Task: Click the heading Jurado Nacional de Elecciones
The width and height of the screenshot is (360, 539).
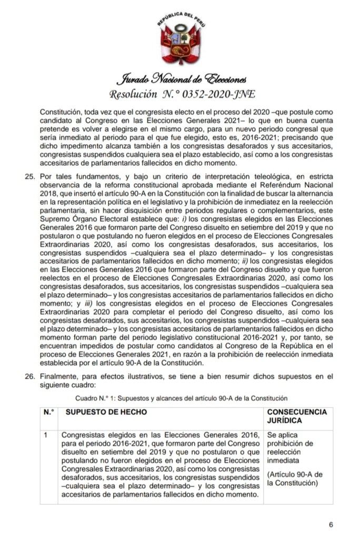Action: tap(180, 79)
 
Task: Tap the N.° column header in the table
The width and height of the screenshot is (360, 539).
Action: tap(49, 411)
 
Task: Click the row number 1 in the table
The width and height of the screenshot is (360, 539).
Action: tap(47, 435)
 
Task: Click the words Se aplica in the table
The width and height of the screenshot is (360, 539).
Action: tap(283, 435)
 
